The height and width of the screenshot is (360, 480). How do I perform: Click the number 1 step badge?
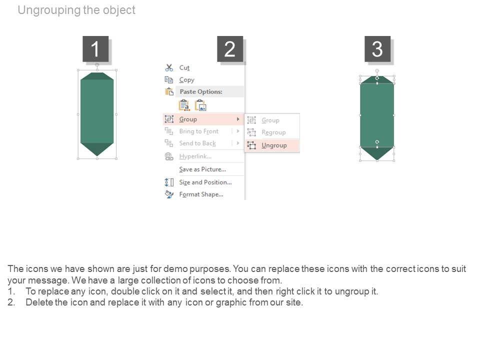tap(95, 48)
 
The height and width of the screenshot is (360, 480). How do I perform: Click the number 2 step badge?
tap(230, 48)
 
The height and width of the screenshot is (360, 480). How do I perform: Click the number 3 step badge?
tap(377, 48)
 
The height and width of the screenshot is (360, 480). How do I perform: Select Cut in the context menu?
tap(184, 67)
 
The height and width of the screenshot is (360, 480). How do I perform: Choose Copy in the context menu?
tap(186, 80)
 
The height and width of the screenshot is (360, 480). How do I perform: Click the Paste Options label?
tap(201, 91)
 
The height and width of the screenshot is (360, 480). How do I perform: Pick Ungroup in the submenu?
tap(274, 145)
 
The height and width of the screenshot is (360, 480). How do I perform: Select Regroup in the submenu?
tap(273, 132)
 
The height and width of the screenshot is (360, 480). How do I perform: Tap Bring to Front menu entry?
tap(198, 131)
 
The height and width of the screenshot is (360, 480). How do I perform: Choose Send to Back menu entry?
tap(197, 143)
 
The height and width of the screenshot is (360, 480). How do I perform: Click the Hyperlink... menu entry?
tap(195, 156)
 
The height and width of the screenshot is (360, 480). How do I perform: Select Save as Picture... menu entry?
tap(202, 169)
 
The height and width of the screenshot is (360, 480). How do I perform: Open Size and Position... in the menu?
tap(205, 182)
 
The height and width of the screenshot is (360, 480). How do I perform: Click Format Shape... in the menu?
tap(201, 194)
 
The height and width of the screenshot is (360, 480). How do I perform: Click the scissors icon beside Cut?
tap(169, 67)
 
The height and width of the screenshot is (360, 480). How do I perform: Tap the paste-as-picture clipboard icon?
tap(201, 105)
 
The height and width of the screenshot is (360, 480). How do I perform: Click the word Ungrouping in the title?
tap(49, 10)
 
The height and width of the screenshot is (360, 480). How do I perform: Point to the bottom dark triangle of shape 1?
tap(97, 149)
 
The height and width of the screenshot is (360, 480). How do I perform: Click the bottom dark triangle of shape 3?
tap(377, 153)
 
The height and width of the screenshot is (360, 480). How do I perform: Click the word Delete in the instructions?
tap(39, 302)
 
